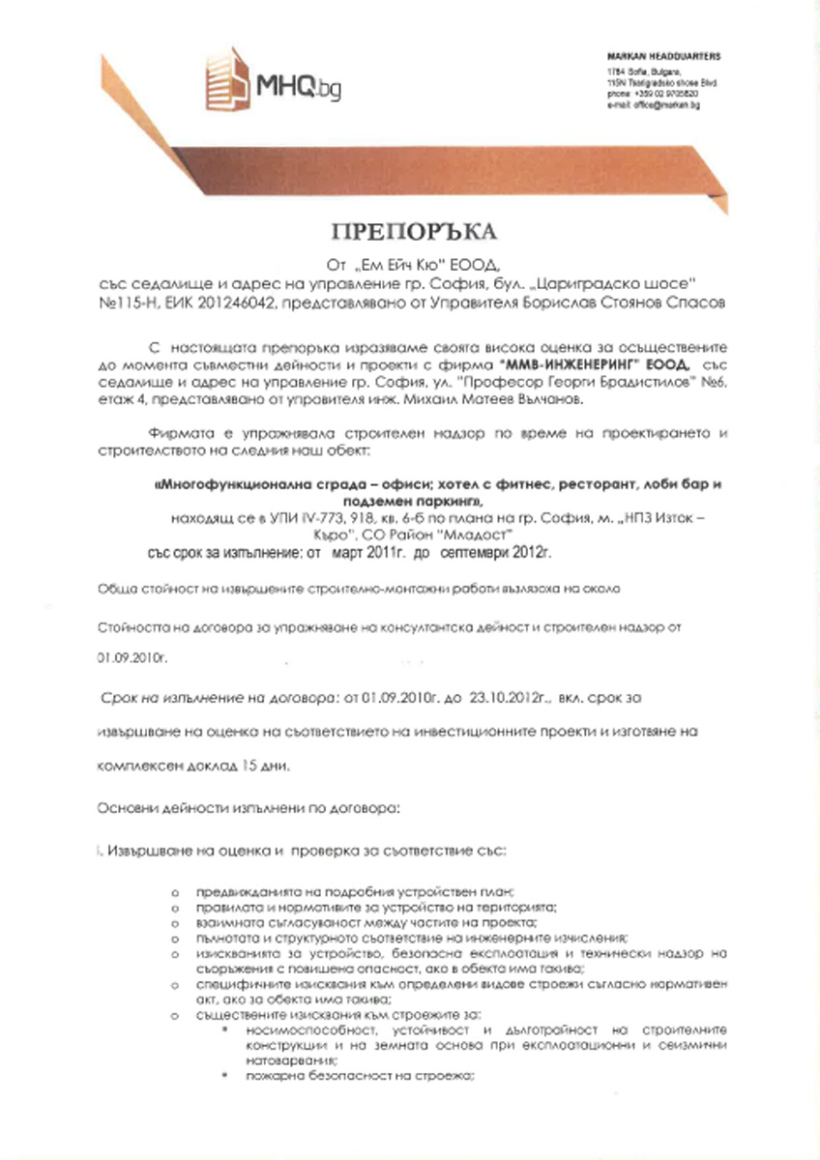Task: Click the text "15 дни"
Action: [x=286, y=767]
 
